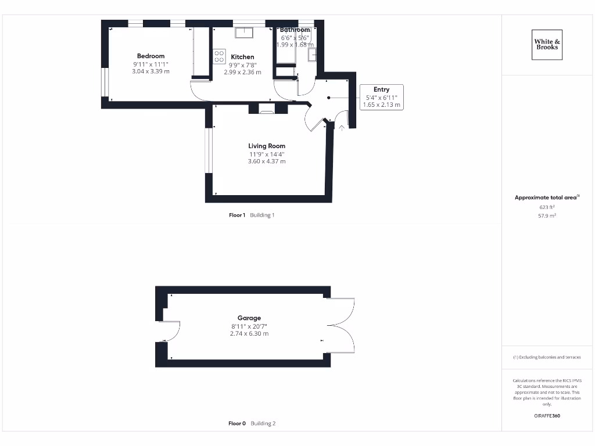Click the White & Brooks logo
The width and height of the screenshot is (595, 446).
(547, 45)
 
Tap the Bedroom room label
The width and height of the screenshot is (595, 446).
(150, 56)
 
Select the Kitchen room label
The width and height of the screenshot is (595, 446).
(242, 57)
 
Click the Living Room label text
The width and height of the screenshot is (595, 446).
(267, 146)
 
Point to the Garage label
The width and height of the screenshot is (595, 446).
(249, 318)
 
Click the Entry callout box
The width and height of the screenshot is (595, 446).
(381, 97)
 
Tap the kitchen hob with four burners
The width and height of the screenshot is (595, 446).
(220, 56)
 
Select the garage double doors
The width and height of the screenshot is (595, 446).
(340, 325)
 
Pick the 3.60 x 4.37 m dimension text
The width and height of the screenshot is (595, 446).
(267, 161)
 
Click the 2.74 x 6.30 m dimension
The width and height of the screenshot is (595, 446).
(249, 334)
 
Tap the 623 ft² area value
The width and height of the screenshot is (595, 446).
(547, 207)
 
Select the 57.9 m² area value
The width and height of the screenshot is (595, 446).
(547, 215)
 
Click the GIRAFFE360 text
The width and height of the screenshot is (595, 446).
(547, 416)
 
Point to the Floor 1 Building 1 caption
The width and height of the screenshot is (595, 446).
(252, 215)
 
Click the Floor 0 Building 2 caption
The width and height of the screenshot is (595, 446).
(252, 423)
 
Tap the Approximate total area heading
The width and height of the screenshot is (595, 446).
(546, 197)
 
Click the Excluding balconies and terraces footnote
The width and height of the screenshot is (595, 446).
(546, 357)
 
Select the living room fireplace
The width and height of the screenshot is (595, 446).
(267, 109)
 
